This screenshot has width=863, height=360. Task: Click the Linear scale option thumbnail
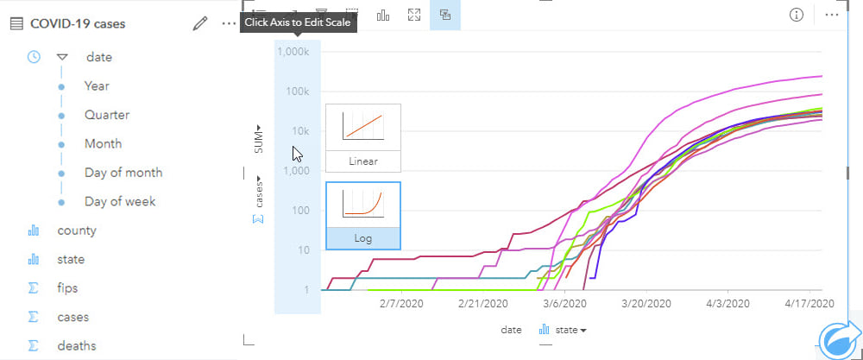click(362, 137)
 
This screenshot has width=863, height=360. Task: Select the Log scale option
click(362, 215)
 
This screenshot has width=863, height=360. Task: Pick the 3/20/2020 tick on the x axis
click(647, 304)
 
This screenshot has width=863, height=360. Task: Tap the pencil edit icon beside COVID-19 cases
click(200, 23)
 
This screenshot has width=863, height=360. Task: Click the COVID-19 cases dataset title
click(78, 23)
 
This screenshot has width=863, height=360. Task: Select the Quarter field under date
click(107, 115)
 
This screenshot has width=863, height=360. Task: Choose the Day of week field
click(120, 201)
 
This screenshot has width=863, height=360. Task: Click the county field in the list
click(77, 231)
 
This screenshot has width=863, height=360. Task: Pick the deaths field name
click(77, 345)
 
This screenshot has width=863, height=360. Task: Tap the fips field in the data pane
click(68, 287)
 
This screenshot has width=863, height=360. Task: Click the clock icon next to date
click(34, 57)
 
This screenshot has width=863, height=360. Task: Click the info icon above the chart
click(797, 15)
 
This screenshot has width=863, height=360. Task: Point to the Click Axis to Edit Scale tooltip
click(298, 22)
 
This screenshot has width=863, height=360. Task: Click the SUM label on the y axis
click(259, 139)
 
